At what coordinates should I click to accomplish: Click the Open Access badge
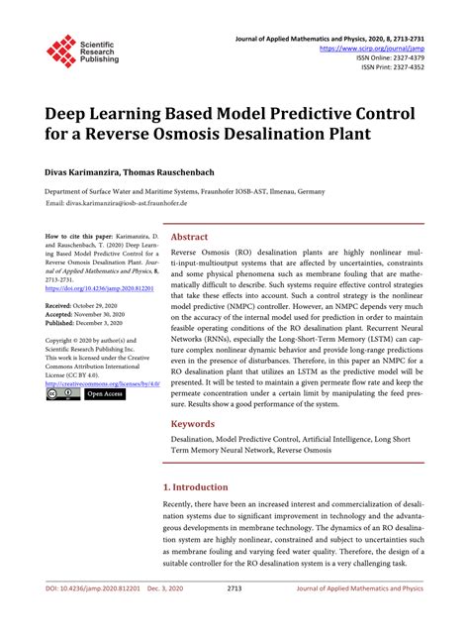point(105,393)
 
